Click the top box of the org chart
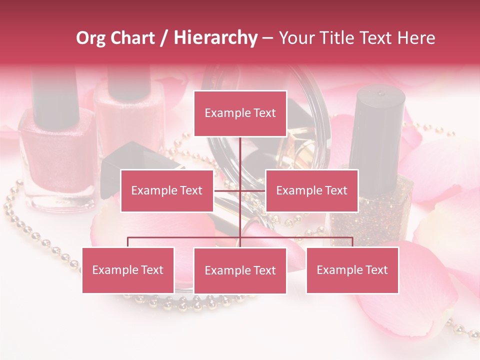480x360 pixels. (x=240, y=113)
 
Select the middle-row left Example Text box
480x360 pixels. (x=167, y=190)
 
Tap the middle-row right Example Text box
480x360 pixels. (x=311, y=190)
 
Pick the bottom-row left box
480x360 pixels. (x=128, y=270)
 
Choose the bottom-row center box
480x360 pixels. (x=240, y=270)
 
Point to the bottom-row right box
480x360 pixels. (x=352, y=270)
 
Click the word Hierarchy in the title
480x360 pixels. (x=215, y=38)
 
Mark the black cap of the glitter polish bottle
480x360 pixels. (x=380, y=125)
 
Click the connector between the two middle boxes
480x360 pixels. (x=240, y=190)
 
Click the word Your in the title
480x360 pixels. (x=296, y=38)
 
